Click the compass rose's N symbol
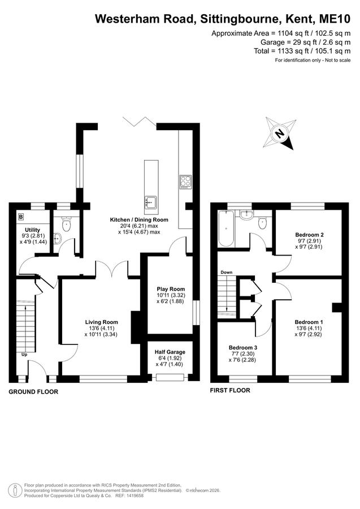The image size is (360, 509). tap(279, 133)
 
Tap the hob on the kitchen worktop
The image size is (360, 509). tap(185, 182)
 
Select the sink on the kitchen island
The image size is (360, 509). tap(151, 202)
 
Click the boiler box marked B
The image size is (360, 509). tap(21, 217)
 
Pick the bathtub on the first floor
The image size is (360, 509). tap(225, 228)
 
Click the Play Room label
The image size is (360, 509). tap(171, 289)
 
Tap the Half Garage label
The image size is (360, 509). tap(170, 352)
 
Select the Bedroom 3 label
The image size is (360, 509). tap(243, 348)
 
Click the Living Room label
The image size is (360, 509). tap(102, 322)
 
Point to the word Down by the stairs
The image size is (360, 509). tap(227, 273)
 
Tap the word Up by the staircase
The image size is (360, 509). tap(24, 355)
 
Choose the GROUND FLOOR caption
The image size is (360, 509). tap(33, 392)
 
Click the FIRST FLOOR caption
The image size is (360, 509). tap(230, 390)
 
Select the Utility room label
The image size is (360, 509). tap(32, 230)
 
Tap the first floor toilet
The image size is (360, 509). tap(263, 223)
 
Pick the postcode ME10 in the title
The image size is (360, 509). tap(335, 19)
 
